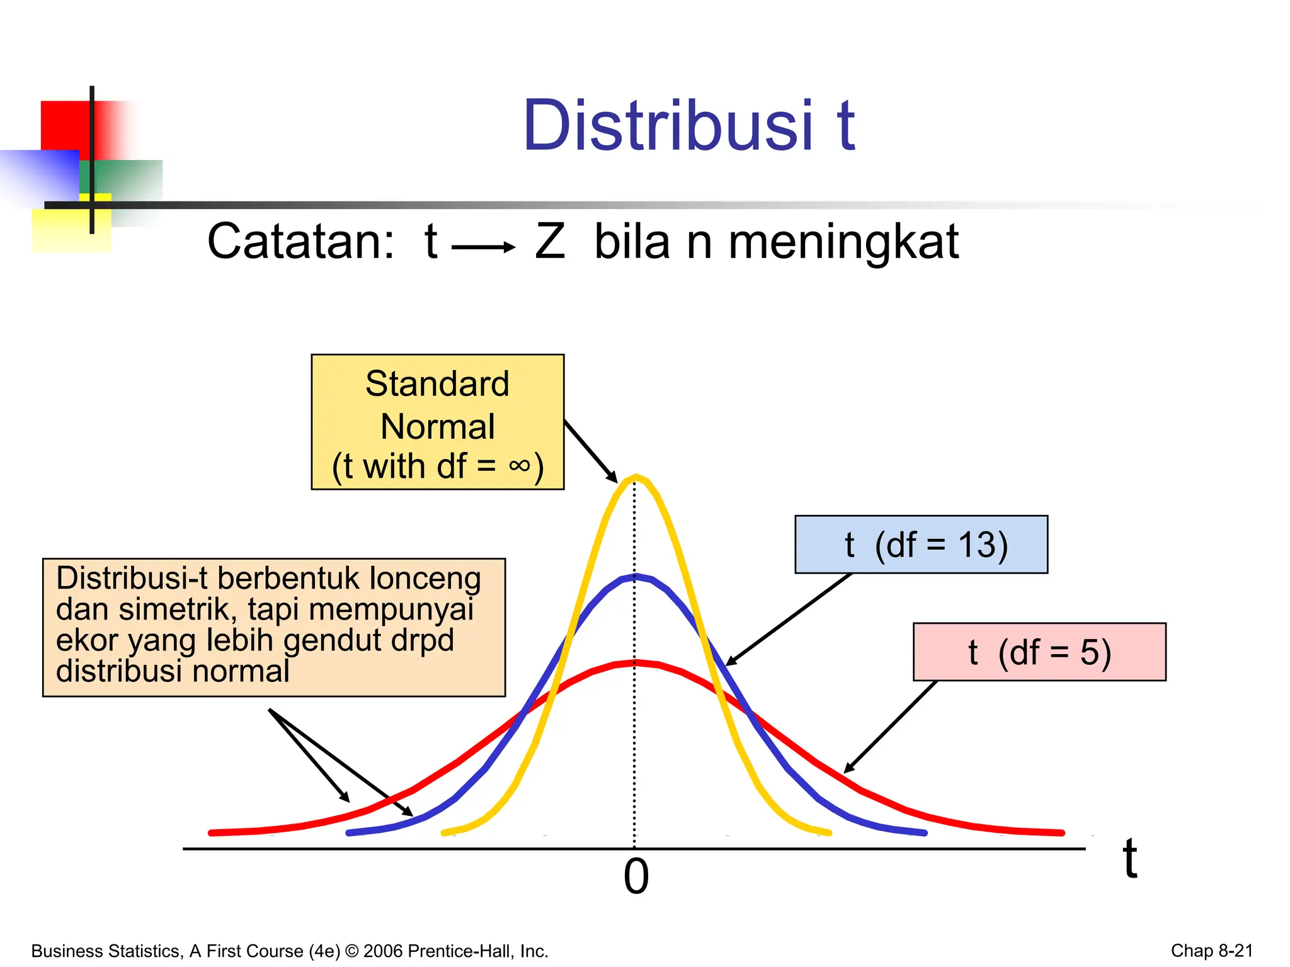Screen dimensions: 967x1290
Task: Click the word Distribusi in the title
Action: pos(668,127)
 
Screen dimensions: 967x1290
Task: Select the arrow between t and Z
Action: pos(483,247)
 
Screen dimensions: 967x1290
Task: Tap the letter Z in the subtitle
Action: pos(550,242)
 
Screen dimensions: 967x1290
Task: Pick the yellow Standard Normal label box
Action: pos(437,422)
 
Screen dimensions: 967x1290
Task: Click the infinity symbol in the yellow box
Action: pos(519,465)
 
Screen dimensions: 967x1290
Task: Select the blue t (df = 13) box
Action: pos(921,545)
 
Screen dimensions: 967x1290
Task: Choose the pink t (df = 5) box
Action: pos(1039,652)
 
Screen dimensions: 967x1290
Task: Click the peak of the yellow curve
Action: pos(636,477)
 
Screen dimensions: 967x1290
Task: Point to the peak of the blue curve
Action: pos(635,576)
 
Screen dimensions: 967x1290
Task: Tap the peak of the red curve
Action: pos(635,662)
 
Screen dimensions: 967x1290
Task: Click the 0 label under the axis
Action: pos(636,877)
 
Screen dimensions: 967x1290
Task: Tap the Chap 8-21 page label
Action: pos(1211,951)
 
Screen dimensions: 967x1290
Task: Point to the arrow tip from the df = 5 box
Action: pos(845,771)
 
